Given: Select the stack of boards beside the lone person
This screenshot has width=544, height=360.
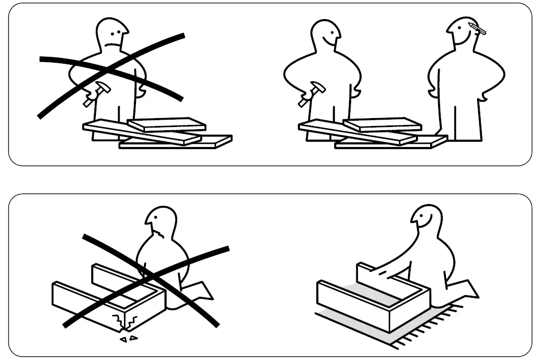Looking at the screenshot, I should coord(158,133).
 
